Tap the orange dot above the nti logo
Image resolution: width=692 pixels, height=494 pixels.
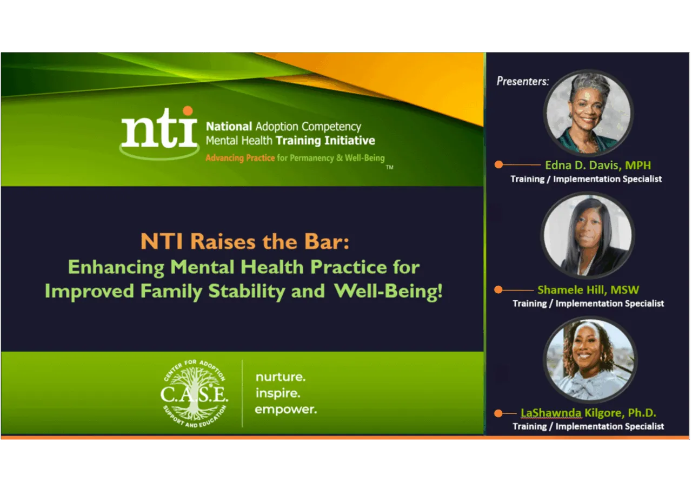(188, 111)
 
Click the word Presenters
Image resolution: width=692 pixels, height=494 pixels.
(522, 81)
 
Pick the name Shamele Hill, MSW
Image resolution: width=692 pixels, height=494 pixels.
(588, 290)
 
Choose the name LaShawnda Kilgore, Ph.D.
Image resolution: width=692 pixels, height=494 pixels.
(588, 413)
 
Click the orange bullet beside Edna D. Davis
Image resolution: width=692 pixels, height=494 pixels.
(498, 164)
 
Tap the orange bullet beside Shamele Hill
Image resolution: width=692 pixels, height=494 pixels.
(498, 290)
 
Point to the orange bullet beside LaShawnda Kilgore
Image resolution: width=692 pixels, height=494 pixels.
(498, 413)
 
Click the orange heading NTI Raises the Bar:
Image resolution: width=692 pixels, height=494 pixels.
(245, 241)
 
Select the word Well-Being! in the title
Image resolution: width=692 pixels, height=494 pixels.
(388, 291)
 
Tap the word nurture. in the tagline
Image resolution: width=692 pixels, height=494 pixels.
(280, 376)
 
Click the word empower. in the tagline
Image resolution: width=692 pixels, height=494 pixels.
(285, 409)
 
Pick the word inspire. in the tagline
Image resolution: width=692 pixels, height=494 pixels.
(278, 393)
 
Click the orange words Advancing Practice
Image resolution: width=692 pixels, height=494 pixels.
(240, 158)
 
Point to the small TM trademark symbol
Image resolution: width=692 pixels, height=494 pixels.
(389, 168)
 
